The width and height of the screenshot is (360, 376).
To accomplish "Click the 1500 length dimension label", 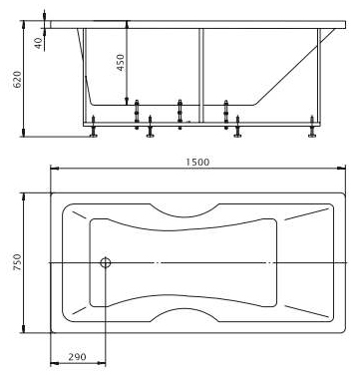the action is coord(197,162).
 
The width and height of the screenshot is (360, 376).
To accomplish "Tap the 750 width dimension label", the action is coord(17,262).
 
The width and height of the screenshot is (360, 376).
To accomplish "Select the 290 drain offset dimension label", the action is coord(77,357).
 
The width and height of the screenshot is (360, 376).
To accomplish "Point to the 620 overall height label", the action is coord(17,79).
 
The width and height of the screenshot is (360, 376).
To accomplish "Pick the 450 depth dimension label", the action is coord(121,62).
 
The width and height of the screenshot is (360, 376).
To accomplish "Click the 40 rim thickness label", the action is coord(39,43).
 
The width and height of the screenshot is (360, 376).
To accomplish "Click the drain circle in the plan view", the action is coord(106,262).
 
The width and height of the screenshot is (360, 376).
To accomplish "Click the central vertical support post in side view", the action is coord(201,76).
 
